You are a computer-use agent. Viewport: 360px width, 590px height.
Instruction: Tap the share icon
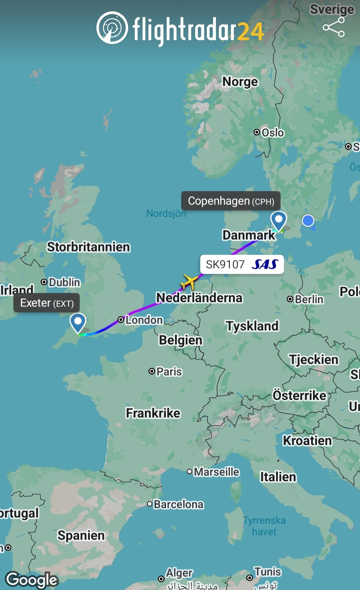point(333,27)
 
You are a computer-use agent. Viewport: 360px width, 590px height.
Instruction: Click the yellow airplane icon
point(190,282)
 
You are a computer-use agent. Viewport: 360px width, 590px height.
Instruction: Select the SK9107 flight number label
point(225,264)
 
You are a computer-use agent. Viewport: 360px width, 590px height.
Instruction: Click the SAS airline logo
point(265,264)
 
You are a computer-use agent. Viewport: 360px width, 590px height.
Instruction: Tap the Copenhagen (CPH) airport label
point(231,201)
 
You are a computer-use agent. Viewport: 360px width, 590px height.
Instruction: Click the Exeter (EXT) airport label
point(47,303)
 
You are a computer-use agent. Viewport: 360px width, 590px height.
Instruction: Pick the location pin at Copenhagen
point(279,220)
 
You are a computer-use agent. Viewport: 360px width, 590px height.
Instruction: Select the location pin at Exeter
point(78,322)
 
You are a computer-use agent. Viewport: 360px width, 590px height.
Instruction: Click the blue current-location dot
point(308,220)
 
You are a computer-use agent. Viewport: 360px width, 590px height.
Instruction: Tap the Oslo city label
point(273,133)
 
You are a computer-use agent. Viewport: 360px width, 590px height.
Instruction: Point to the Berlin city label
point(309,299)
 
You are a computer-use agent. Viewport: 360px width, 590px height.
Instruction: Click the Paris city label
point(169,371)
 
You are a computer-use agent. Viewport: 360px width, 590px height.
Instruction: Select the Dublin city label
point(64,282)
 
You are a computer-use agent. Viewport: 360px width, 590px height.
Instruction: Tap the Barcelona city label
point(178,504)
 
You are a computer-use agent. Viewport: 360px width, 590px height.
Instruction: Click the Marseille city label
point(217,472)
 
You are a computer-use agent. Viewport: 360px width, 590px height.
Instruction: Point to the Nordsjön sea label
point(166,213)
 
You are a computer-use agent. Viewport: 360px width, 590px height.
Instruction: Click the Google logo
point(32,580)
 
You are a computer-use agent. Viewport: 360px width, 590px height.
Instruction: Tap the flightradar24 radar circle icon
point(112,28)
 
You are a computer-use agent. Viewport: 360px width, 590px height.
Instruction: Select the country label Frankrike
point(153,413)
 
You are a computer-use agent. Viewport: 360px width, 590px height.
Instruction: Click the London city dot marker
point(121,320)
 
